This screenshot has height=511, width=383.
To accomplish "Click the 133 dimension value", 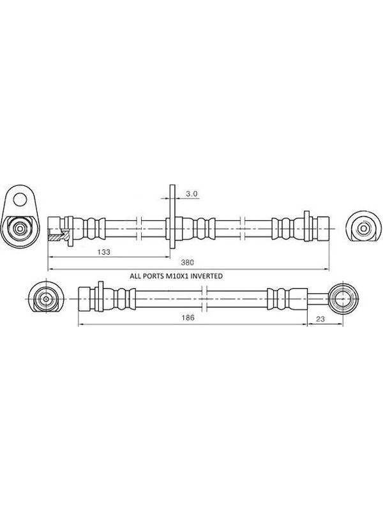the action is click(x=104, y=252).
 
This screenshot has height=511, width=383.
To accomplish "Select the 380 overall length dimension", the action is click(x=188, y=263).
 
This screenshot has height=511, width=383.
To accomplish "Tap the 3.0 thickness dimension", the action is click(x=192, y=194).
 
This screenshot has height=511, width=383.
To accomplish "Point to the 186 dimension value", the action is click(x=188, y=317).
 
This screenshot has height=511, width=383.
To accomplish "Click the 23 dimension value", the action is click(x=321, y=319).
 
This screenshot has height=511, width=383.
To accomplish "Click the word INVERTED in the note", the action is click(x=206, y=276).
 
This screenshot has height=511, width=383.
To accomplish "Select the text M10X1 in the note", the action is click(x=177, y=276).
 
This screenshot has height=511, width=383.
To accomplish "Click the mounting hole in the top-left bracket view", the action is click(x=20, y=199).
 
